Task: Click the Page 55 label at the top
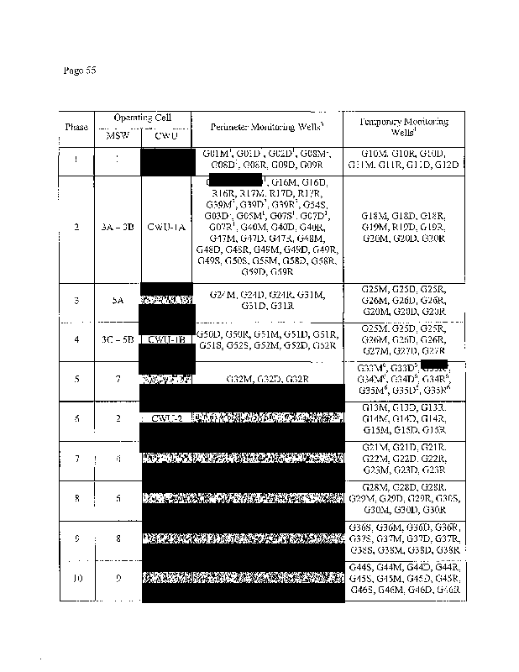(80, 70)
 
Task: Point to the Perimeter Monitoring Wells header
(265, 127)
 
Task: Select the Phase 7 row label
(76, 459)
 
